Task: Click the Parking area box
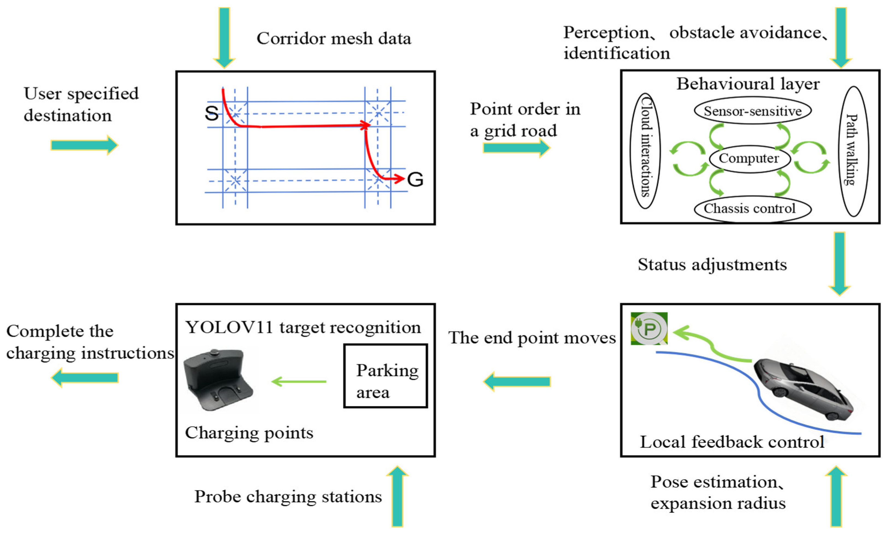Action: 385,376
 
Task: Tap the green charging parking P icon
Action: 649,328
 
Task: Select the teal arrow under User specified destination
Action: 84,145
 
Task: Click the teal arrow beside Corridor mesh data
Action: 225,37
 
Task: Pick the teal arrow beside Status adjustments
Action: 839,264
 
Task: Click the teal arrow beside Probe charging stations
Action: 397,496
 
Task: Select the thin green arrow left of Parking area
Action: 299,381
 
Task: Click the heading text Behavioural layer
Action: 748,84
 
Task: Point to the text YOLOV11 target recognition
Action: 303,327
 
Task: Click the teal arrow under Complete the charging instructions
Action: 85,377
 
